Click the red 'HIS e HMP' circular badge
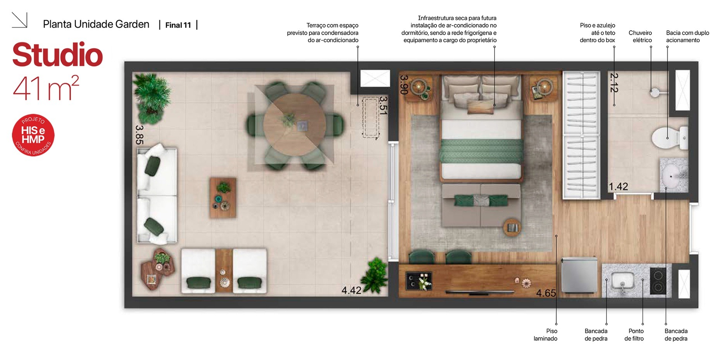(33, 135)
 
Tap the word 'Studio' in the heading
(58, 55)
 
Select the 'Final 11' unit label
(178, 25)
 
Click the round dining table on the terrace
(294, 125)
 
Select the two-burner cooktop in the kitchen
(658, 281)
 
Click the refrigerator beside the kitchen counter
(579, 275)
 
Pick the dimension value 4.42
(351, 290)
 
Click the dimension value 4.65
(546, 293)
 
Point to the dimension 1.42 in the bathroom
(618, 187)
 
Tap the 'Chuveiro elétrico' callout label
(640, 36)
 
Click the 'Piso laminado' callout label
(545, 335)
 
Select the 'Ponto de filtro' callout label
(634, 335)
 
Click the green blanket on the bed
(481, 151)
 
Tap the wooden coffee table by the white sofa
(223, 197)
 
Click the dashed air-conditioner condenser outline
(370, 118)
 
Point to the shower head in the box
(654, 93)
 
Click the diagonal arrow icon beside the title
(19, 20)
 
